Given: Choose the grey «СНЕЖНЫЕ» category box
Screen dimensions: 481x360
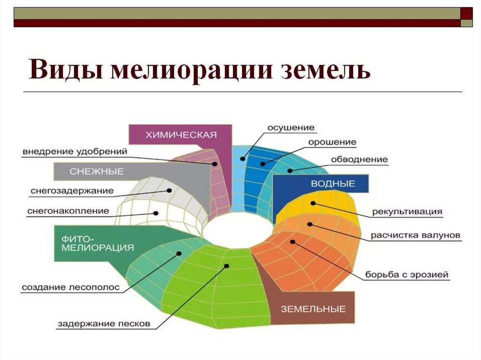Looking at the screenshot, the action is (x=96, y=171).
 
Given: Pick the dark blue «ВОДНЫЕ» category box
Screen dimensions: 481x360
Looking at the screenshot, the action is (x=333, y=184).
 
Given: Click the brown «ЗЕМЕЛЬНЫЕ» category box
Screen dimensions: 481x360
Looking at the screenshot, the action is (x=313, y=308).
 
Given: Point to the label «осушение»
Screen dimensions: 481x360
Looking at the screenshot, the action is (x=291, y=128).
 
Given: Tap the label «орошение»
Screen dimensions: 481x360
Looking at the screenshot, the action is (x=332, y=142).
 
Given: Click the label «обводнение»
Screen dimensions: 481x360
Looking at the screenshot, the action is (x=359, y=159).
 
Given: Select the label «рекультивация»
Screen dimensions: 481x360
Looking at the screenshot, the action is (x=407, y=211).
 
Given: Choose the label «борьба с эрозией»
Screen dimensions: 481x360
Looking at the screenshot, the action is (x=407, y=274).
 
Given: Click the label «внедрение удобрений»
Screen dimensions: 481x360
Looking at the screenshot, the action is (x=75, y=152).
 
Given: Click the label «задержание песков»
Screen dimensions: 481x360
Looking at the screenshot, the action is (x=104, y=323).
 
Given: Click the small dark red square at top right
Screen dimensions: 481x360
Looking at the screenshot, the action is (x=466, y=13).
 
